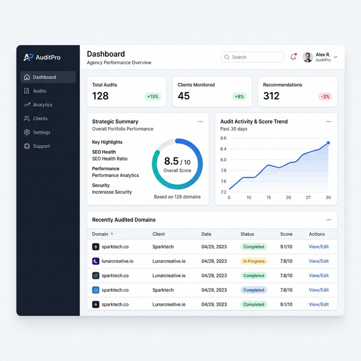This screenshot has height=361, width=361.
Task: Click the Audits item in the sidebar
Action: coord(39,91)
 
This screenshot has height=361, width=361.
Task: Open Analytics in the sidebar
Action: coord(42,105)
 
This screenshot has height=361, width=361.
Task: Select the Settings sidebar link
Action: coord(41,133)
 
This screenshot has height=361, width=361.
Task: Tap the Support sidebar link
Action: coord(41,146)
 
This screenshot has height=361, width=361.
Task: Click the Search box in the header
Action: coord(252,57)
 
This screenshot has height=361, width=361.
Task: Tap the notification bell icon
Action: coord(293,57)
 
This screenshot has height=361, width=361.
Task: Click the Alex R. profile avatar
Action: coord(307,57)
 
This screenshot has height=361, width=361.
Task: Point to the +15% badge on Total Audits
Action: coord(152,96)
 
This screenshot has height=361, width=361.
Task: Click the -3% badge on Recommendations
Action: coord(325,96)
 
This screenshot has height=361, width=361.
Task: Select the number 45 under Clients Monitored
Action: coord(183,96)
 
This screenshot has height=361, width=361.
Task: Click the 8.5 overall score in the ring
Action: coord(171,162)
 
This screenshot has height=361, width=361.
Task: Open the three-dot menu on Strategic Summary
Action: coord(200,121)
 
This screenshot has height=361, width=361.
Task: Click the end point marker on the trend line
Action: coord(328,143)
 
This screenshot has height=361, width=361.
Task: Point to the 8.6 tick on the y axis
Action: coord(223,138)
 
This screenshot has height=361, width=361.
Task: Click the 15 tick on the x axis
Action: coord(268,197)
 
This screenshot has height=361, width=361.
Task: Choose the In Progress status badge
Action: coord(253,261)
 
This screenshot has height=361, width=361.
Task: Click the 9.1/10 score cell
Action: coord(287,246)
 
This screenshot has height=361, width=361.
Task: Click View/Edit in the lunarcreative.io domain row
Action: coord(319,261)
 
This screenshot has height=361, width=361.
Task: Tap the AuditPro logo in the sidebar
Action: coord(42,57)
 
